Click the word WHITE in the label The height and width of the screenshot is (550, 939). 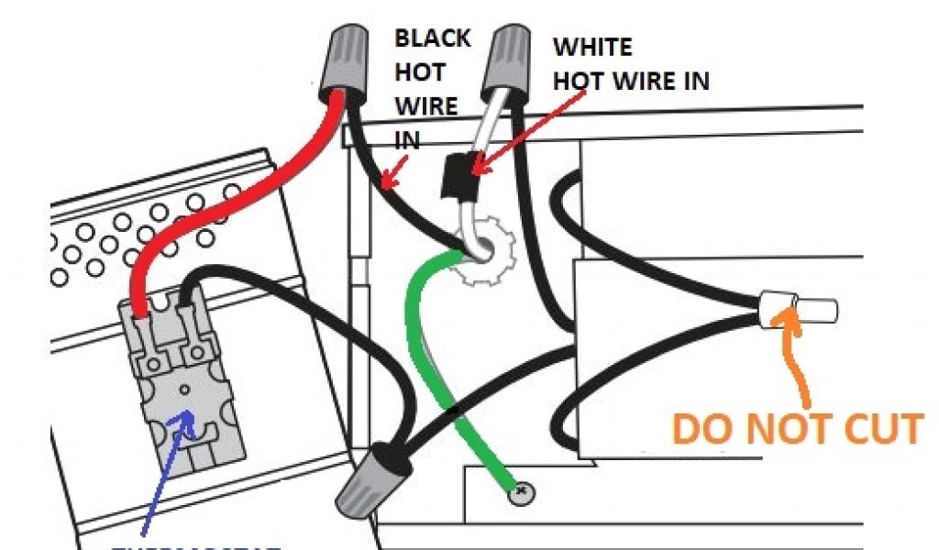coord(592,47)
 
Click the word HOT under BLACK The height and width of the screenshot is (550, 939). coord(421,72)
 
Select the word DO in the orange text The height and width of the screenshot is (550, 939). coord(700,430)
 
